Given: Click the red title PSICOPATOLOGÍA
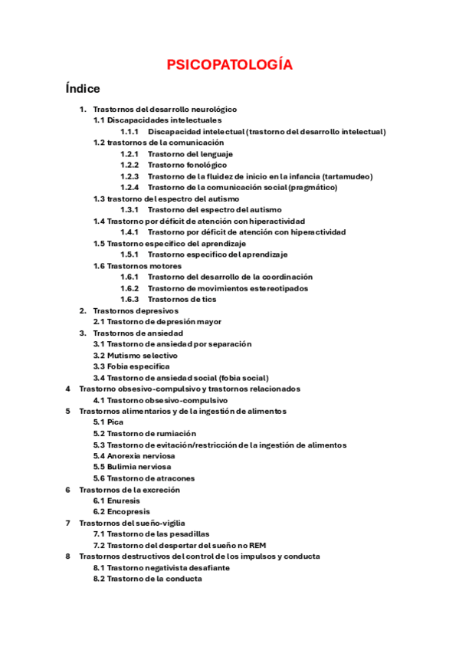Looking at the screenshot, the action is pos(229,65).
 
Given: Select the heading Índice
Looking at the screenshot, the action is pos(83,89).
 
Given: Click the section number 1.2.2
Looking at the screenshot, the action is pos(129,165).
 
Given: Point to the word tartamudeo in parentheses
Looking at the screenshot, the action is pos(346,176).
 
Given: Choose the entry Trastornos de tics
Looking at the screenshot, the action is pos(182,300).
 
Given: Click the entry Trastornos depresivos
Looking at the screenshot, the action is pos(135,311).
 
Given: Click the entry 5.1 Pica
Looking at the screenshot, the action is pos(108,422).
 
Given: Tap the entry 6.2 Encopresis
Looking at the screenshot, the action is pos(121,512).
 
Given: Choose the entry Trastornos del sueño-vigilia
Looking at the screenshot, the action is pos(132,523).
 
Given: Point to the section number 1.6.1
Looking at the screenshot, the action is pos(129,277).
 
